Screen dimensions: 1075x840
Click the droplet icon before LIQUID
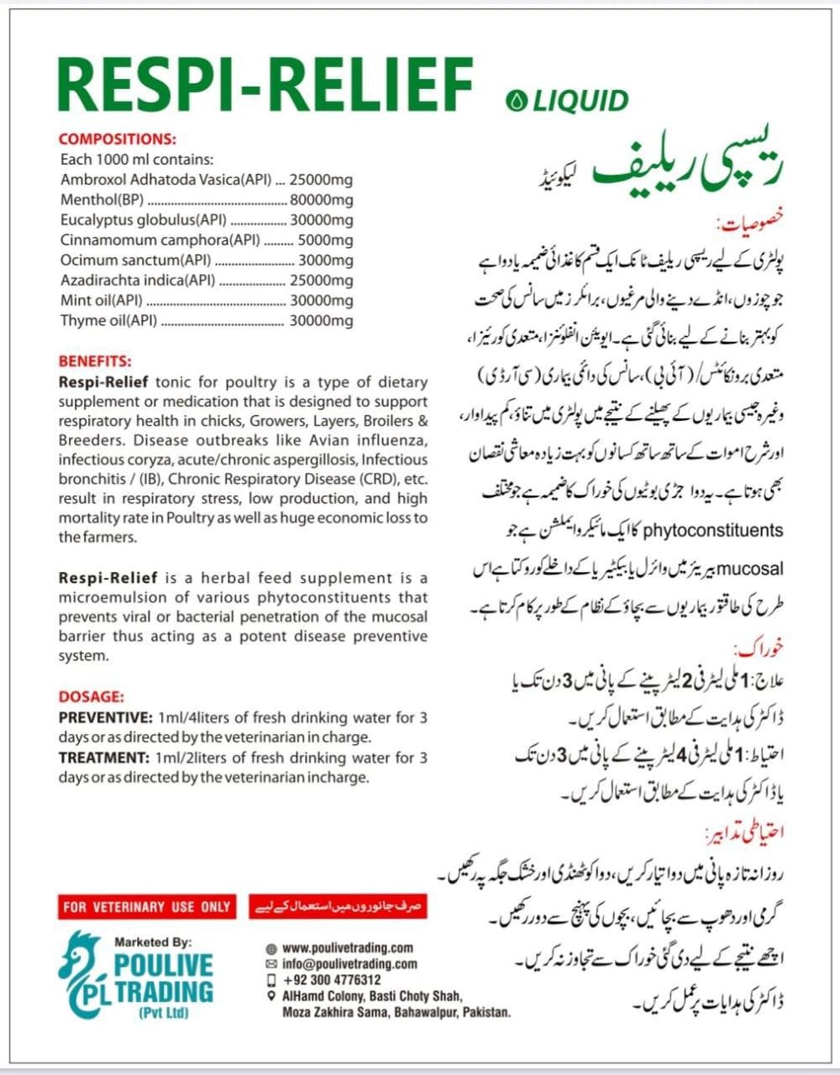pyautogui.click(x=514, y=102)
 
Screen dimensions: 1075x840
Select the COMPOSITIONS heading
pyautogui.click(x=118, y=139)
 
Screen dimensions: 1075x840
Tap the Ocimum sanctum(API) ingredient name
pyautogui.click(x=135, y=260)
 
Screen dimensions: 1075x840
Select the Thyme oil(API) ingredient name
pyautogui.click(x=108, y=321)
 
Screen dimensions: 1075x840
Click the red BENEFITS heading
pyautogui.click(x=95, y=362)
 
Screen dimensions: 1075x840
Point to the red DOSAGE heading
pyautogui.click(x=92, y=697)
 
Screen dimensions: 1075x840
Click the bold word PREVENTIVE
pyautogui.click(x=105, y=718)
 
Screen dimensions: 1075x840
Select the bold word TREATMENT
pyautogui.click(x=103, y=758)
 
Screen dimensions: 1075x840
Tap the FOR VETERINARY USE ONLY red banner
pyautogui.click(x=146, y=907)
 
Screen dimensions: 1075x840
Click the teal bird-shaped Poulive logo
pyautogui.click(x=82, y=974)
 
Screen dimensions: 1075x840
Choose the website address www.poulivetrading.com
pyautogui.click(x=348, y=947)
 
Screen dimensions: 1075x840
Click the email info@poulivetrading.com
pyautogui.click(x=349, y=964)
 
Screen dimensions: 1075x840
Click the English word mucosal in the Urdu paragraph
pyautogui.click(x=752, y=569)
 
